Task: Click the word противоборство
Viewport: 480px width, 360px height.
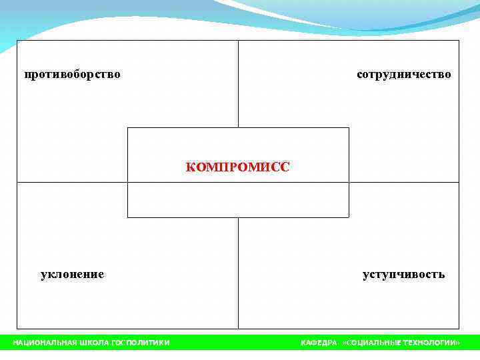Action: [x=73, y=74]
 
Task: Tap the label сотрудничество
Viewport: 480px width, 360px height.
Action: [x=404, y=74]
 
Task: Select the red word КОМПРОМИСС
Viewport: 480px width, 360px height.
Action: [x=238, y=167]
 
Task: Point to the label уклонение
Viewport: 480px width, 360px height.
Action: [x=73, y=274]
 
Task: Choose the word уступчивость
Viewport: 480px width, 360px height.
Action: [x=404, y=274]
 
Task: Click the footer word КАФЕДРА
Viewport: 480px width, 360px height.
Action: [x=319, y=343]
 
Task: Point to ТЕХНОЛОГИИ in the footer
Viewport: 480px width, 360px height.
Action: [x=431, y=343]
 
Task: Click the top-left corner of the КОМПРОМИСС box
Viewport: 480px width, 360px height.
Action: [x=127, y=127]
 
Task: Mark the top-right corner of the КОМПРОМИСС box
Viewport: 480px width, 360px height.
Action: [x=349, y=127]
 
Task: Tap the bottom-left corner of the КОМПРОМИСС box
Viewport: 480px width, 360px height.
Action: [x=127, y=217]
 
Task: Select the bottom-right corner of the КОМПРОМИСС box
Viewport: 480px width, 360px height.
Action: [x=349, y=217]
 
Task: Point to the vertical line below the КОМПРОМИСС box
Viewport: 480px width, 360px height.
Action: [x=238, y=273]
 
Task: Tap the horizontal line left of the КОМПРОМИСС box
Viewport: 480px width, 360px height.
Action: [x=72, y=182]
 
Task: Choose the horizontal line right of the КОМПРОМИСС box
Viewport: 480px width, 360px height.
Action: [x=404, y=182]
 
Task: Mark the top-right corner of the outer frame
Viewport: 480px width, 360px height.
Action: [x=459, y=41]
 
